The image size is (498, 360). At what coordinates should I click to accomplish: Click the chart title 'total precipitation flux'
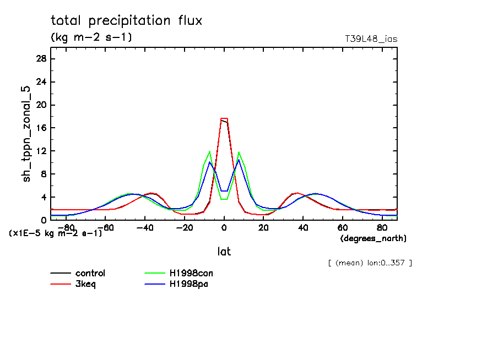[x=126, y=21]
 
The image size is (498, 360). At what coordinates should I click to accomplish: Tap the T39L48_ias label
[x=371, y=39]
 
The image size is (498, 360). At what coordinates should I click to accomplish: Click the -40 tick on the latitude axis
[x=145, y=227]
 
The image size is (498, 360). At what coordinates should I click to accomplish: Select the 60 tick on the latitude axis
[x=342, y=227]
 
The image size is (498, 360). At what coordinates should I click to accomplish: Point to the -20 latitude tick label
[x=185, y=227]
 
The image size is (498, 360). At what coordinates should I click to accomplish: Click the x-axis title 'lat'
[x=224, y=252]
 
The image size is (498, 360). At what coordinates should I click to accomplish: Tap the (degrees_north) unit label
[x=373, y=238]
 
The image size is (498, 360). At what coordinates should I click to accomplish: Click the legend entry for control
[x=90, y=273]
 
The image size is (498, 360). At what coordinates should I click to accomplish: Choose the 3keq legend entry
[x=86, y=283]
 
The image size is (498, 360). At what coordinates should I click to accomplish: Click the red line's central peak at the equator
[x=224, y=118]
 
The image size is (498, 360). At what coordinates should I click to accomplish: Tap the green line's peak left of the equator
[x=210, y=151]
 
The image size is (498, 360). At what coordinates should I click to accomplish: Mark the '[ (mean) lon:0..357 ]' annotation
[x=369, y=263]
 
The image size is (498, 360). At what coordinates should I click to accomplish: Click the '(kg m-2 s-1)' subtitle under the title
[x=91, y=37]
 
